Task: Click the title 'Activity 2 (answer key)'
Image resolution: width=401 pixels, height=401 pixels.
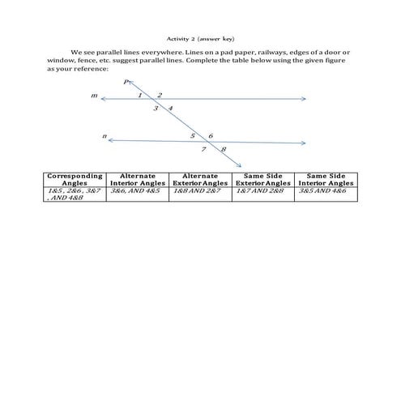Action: [x=199, y=38]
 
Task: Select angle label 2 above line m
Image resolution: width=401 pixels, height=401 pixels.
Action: [x=160, y=95]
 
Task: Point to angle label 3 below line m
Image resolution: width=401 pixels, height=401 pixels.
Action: [x=155, y=108]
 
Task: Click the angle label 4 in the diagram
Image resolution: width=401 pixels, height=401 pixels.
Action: [x=170, y=108]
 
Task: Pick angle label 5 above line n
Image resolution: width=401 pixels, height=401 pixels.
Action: [x=193, y=135]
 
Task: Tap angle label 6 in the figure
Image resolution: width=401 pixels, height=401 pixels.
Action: [x=211, y=135]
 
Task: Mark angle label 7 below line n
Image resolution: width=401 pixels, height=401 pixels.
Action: [x=204, y=150]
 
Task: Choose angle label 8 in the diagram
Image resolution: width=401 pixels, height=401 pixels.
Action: [x=223, y=150]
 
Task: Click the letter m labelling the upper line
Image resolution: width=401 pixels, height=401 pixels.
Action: [x=95, y=96]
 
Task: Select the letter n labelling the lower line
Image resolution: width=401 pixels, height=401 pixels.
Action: [x=105, y=136]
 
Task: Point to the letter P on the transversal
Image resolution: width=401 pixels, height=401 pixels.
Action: [x=126, y=82]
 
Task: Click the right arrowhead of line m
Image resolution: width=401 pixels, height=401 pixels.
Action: [x=305, y=100]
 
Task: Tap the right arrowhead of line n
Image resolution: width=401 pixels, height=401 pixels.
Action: [x=305, y=143]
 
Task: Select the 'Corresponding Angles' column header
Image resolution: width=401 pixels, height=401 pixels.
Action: [x=75, y=179]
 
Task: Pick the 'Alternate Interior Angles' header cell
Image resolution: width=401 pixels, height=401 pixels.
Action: [x=136, y=179]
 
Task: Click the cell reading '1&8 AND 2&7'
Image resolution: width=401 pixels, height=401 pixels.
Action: [x=198, y=191]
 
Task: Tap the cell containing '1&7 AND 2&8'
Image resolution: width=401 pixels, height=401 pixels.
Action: [x=262, y=191]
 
